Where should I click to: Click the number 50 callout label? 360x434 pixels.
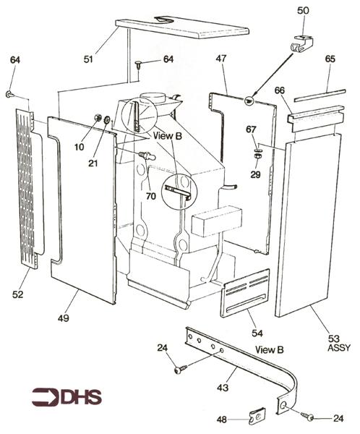tap(302, 10)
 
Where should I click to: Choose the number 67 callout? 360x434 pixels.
tap(252, 129)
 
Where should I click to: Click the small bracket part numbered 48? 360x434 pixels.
tap(256, 416)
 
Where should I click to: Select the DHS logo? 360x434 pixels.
tap(67, 396)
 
